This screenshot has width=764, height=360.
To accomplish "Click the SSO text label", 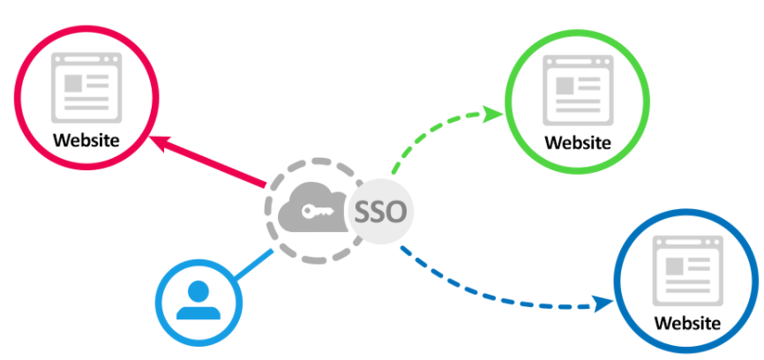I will pos(380,212).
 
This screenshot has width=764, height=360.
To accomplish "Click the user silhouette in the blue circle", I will pos(198,299).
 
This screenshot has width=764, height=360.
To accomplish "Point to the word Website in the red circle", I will pos(86,139).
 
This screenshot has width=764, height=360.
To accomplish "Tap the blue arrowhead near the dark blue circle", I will pos(604,304).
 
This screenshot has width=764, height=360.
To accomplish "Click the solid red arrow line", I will pos(212,163).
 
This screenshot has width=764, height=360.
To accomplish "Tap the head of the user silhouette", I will pos(198,290).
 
